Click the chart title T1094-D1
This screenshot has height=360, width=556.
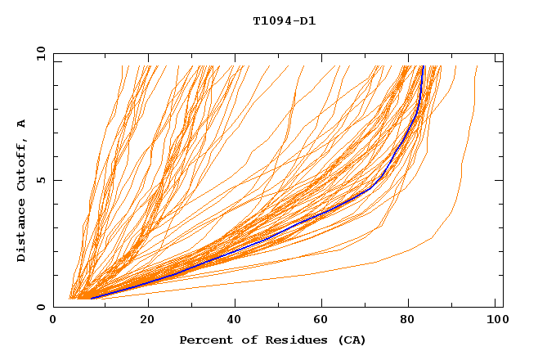[284, 21]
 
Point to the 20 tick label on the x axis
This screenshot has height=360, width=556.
[147, 321]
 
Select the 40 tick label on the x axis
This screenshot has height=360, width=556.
[235, 321]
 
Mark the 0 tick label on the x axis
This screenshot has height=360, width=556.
[53, 321]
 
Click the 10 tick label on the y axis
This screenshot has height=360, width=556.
[38, 53]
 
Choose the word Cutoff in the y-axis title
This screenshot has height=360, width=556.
[21, 161]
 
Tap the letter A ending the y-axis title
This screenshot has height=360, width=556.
[21, 123]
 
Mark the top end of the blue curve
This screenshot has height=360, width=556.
[423, 67]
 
